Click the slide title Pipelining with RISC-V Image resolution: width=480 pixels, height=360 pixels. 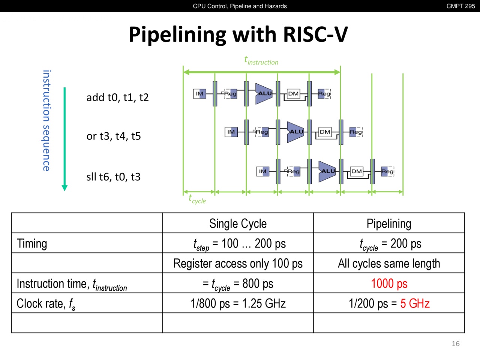[238, 34]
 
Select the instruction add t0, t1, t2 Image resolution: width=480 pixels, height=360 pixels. [117, 97]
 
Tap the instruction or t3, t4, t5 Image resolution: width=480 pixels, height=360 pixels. [114, 136]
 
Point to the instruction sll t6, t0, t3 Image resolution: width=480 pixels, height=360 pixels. [113, 177]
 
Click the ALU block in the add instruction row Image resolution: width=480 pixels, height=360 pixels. [264, 93]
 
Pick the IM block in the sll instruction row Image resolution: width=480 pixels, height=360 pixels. [263, 171]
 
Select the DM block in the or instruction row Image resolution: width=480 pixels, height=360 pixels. [325, 132]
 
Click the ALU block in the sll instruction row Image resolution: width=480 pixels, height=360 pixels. [327, 171]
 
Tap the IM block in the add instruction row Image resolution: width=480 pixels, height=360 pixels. [200, 93]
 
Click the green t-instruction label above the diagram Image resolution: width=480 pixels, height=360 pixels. [261, 61]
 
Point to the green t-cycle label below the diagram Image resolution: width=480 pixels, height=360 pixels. [197, 199]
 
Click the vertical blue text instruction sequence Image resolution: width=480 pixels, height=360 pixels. [46, 120]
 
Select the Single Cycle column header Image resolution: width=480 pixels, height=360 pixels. [238, 223]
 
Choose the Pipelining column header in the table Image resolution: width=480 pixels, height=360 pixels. [389, 223]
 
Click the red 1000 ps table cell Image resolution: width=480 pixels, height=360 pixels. [389, 283]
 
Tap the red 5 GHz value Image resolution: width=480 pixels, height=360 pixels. [415, 303]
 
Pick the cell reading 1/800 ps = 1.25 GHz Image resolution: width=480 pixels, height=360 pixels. [238, 303]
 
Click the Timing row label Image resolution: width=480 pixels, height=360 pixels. [32, 244]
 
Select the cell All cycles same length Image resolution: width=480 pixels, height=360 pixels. [389, 264]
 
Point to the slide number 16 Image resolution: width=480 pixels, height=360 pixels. [456, 343]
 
